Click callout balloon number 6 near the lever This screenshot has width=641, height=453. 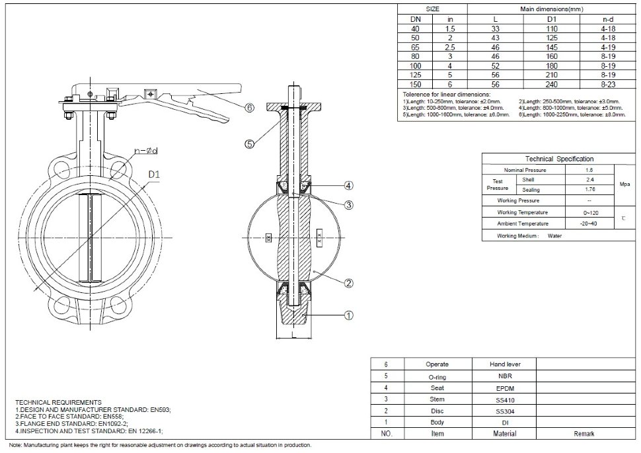249,108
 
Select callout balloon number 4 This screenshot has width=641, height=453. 349,185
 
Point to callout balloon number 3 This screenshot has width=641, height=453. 349,205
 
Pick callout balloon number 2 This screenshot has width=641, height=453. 349,283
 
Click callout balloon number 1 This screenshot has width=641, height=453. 349,315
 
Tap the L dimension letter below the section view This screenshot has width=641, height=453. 293,336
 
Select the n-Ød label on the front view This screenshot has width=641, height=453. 146,151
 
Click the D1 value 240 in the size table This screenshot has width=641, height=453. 552,85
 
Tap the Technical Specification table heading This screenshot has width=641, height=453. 559,159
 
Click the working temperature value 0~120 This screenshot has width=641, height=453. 591,212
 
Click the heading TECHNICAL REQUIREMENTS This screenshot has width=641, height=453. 58,402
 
